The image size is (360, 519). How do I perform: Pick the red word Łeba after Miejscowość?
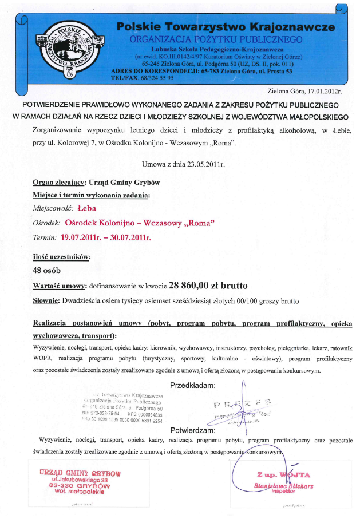(86, 209)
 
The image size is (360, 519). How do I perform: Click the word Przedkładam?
(192, 385)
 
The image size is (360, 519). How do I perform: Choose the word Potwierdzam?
(192, 430)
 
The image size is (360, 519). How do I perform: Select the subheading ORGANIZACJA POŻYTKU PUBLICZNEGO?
(216, 39)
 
